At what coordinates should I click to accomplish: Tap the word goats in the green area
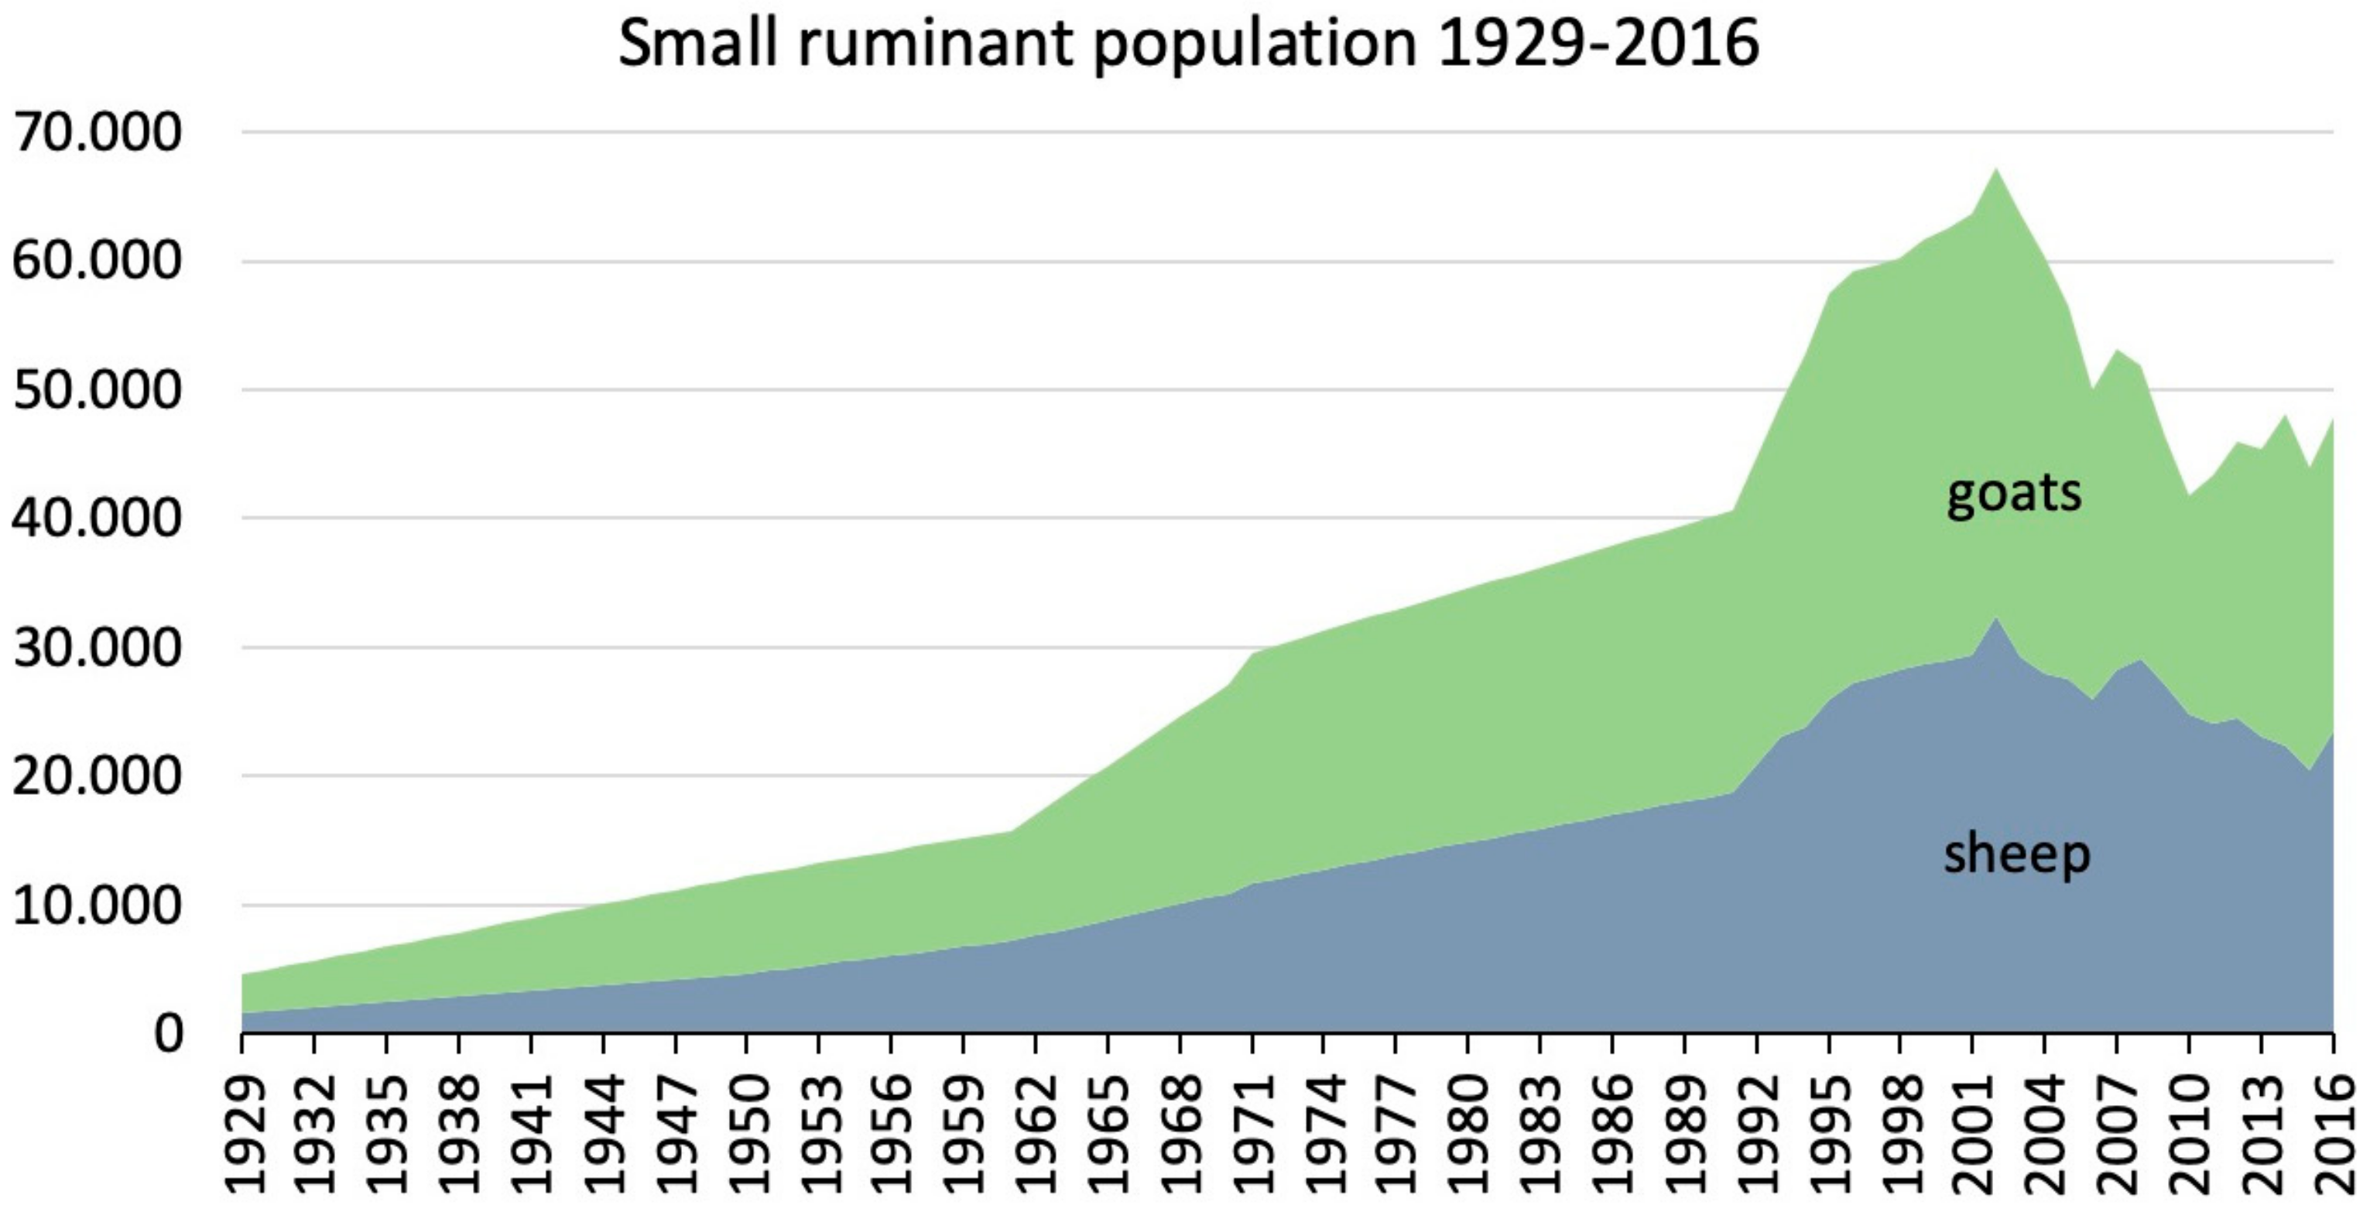click(2013, 493)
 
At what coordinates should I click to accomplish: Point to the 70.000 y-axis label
click(98, 132)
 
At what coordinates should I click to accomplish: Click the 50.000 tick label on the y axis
click(98, 390)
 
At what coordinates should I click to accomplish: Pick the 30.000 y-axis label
click(98, 648)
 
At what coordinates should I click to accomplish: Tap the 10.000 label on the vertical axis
click(98, 906)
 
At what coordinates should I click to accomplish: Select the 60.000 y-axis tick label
click(98, 262)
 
